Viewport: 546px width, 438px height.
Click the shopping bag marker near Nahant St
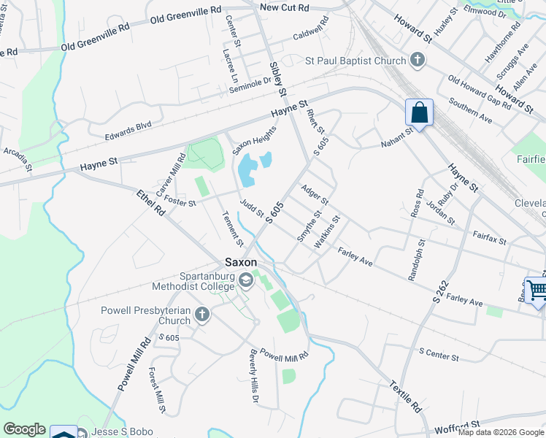click(419, 114)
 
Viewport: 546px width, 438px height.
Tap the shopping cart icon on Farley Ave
click(537, 291)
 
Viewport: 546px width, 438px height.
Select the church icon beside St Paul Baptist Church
click(418, 60)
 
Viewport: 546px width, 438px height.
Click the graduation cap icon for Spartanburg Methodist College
click(247, 279)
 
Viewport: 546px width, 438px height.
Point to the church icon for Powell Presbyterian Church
click(201, 315)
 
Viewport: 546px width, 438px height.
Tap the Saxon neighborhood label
click(241, 262)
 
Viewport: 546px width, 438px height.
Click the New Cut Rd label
click(285, 7)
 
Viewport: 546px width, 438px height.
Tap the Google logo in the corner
click(24, 429)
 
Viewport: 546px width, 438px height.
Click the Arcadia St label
click(18, 159)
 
